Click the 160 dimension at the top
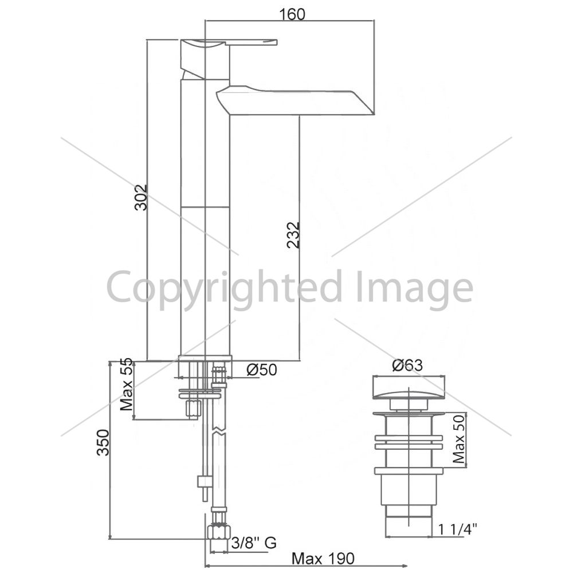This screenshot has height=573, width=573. point(292,14)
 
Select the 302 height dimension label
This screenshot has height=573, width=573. point(141,198)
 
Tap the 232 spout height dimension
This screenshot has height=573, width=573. point(293,236)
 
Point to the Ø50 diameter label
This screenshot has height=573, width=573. point(262,370)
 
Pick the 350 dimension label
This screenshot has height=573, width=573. point(103,442)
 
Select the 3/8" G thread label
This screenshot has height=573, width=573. point(254,543)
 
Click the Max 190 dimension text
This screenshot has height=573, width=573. point(323,558)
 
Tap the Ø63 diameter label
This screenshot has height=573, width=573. point(407,365)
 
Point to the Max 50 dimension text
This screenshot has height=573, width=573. point(459,439)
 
